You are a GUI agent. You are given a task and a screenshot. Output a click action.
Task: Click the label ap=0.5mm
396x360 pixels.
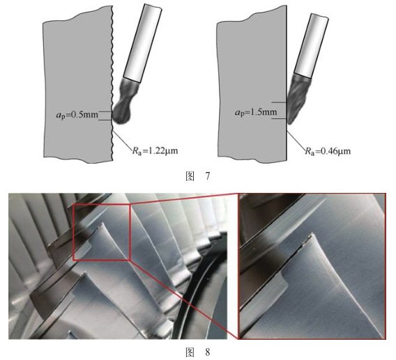[77, 115]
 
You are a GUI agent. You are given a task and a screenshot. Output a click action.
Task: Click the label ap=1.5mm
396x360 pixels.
[256, 111]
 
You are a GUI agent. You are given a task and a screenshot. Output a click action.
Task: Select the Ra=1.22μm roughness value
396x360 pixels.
[155, 151]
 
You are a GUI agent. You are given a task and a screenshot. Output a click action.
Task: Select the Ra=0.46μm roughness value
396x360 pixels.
[328, 151]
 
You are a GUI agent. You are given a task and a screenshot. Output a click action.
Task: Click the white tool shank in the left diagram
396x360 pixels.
[142, 43]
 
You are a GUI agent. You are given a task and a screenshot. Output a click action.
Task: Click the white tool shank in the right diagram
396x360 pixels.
[312, 45]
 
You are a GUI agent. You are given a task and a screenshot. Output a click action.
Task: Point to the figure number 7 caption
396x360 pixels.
[198, 176]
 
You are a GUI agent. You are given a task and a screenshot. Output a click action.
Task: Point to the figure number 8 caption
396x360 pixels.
[198, 352]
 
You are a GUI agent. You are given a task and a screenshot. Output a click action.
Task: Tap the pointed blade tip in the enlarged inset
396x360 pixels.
[312, 233]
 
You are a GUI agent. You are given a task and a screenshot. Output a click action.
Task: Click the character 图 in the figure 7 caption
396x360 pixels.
[190, 176]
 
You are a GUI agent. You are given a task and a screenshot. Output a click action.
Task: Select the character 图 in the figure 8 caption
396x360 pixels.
[190, 352]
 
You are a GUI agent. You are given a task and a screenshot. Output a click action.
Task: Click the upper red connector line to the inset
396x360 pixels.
[184, 198]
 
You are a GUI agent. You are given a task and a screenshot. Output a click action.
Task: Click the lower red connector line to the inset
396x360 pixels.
[184, 299]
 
